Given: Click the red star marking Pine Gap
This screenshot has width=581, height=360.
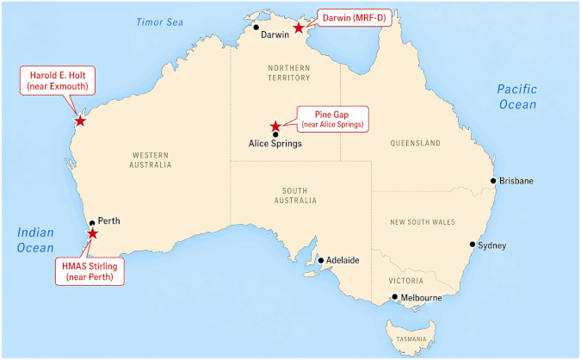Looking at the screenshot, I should point(275,126).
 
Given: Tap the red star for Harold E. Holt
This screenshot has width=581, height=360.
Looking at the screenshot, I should point(80,121).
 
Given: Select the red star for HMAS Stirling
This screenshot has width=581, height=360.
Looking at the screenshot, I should point(92,233).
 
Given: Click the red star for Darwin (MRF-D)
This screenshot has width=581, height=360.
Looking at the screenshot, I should point(298,28).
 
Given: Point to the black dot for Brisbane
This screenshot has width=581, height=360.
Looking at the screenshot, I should point(493,181).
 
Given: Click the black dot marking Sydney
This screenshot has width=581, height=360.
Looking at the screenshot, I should point(472,245).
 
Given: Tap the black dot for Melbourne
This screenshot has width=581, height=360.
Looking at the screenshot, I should point(394,298).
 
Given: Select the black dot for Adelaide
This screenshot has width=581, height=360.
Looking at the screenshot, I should point(320,259).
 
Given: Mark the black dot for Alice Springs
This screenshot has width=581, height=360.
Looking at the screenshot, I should point(275,134).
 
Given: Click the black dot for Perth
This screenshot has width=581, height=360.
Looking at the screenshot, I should point(92,223).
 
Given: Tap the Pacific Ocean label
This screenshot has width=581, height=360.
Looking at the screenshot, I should point(517,96).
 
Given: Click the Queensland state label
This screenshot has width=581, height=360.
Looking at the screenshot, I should point(415,143).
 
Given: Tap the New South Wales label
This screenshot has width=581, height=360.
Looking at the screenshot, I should point(422,222).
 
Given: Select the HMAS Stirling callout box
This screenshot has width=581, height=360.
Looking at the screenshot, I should point(90,271).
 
